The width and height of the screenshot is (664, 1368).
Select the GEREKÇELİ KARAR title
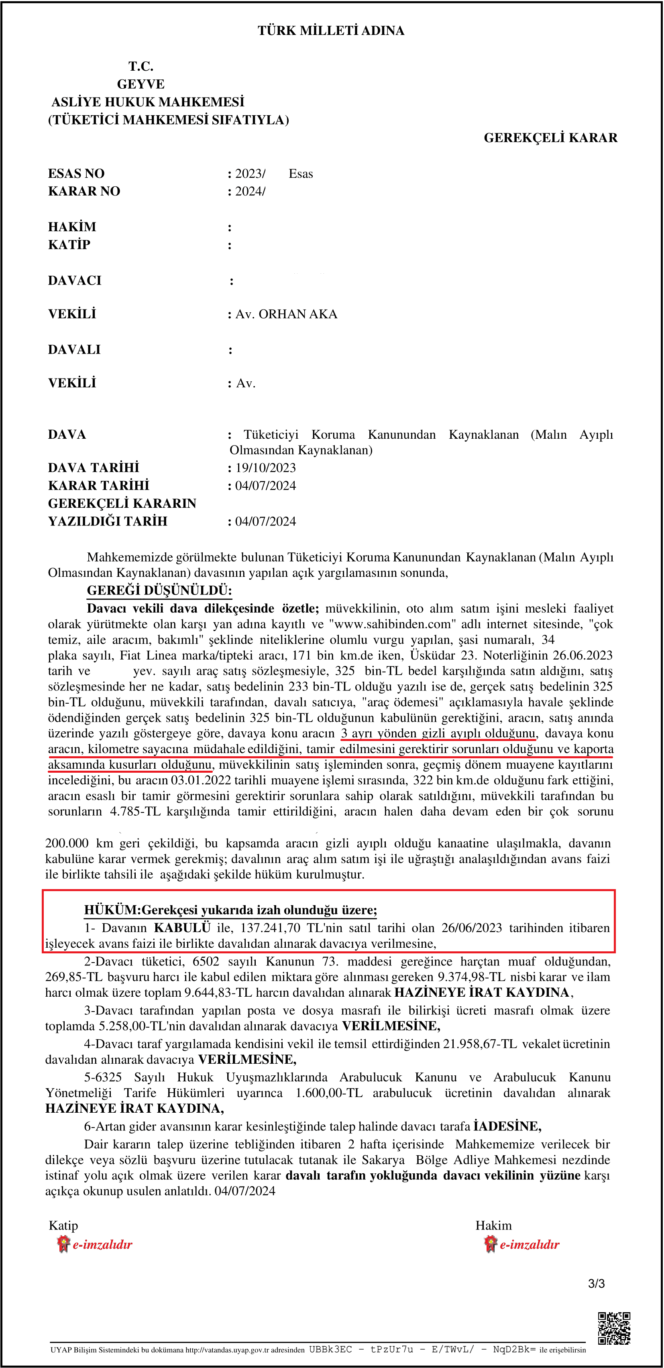click(x=550, y=138)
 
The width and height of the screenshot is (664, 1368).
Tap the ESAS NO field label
click(x=76, y=174)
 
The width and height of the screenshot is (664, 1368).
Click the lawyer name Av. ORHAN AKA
click(x=286, y=314)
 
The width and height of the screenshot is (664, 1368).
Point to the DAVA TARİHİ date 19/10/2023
click(x=266, y=468)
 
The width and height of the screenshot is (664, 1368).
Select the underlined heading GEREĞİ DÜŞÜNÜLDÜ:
click(x=159, y=590)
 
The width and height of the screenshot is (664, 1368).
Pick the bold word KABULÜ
click(x=182, y=928)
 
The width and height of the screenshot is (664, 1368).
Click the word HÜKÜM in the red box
click(x=110, y=910)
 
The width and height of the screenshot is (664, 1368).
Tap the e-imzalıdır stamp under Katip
click(x=95, y=1244)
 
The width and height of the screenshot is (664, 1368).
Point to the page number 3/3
click(x=596, y=1284)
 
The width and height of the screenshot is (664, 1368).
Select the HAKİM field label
click(x=72, y=227)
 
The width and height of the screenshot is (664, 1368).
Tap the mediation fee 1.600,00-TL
click(x=329, y=1093)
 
